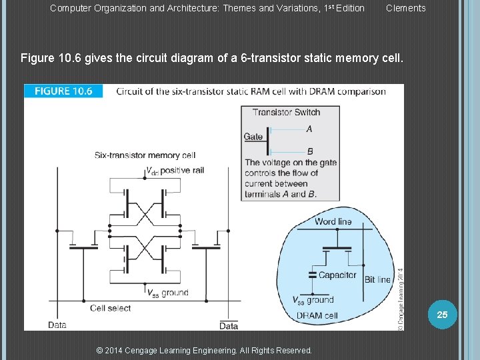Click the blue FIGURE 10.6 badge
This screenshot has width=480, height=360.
point(63,91)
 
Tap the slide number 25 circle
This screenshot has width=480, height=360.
point(442,314)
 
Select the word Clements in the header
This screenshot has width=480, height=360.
point(405,8)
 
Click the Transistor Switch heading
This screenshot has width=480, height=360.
point(286,112)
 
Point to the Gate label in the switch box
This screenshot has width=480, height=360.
point(253,137)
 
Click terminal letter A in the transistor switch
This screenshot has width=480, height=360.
point(309,129)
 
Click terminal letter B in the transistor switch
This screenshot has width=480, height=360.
point(309,151)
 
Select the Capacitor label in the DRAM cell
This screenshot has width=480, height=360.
point(337,275)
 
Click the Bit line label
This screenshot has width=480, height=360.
point(377,280)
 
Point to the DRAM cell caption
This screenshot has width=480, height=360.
point(317,315)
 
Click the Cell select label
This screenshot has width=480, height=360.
point(111,308)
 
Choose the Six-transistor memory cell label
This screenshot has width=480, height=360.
point(145,155)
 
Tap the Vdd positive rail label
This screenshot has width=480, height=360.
point(175,171)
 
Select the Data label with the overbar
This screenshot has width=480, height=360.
point(229,326)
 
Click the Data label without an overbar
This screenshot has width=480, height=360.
point(57,325)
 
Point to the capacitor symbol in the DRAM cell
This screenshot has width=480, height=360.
point(311,274)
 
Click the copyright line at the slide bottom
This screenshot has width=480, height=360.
point(204,351)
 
